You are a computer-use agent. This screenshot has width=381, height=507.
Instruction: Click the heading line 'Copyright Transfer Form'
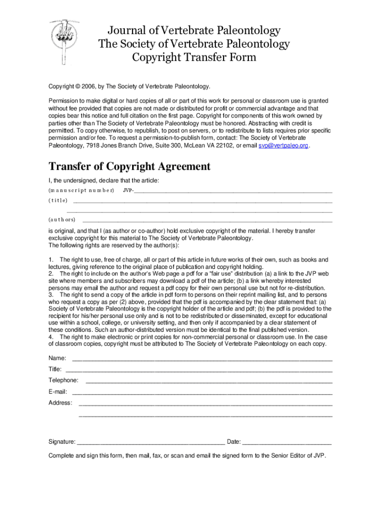(x=194, y=57)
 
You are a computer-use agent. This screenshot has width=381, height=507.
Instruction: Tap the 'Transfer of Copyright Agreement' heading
(x=129, y=166)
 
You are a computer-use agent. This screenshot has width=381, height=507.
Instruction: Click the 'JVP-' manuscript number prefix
(x=128, y=191)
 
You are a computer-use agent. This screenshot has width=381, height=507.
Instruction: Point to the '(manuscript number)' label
(x=81, y=191)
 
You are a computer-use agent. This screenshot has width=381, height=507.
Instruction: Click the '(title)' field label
(x=58, y=201)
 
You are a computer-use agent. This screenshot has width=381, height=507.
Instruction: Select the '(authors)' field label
(x=62, y=219)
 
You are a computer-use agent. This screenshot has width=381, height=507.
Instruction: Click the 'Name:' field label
(x=57, y=358)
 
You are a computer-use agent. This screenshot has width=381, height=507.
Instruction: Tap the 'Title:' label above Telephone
(x=55, y=369)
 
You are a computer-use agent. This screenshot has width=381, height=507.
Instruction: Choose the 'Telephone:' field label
(x=63, y=380)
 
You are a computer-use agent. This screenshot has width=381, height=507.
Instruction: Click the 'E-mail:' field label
(x=57, y=392)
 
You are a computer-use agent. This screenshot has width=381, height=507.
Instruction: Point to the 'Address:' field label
(x=60, y=403)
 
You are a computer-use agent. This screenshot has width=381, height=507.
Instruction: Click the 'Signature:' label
(x=62, y=442)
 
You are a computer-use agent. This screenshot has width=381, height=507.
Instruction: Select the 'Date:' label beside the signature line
(x=234, y=442)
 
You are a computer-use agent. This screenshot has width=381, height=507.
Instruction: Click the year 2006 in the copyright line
(x=89, y=86)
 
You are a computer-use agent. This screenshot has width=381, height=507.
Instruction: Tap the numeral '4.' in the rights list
(x=51, y=337)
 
